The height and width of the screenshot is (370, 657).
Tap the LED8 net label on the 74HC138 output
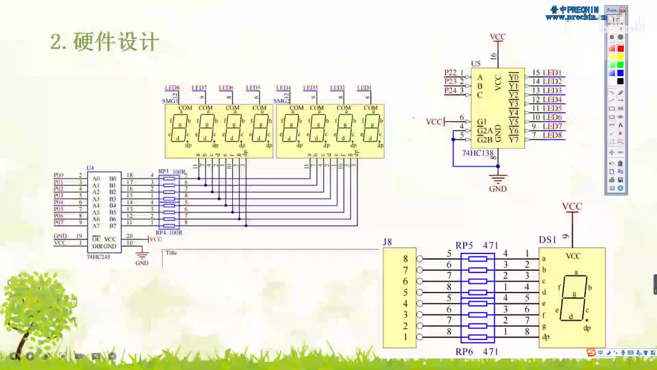point(552,135)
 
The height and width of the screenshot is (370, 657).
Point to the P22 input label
point(450,73)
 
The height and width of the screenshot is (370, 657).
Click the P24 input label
point(450,90)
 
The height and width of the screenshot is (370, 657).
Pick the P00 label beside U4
point(59,175)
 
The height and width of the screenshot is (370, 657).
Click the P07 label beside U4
point(59,223)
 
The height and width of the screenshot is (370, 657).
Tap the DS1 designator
point(547,240)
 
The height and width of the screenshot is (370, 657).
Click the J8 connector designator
point(388,242)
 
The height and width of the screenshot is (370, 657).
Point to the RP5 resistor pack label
point(464,246)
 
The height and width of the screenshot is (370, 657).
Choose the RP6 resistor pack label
point(464,351)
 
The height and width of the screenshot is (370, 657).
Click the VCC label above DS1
point(572,207)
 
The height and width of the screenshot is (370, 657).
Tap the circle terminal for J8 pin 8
point(420,259)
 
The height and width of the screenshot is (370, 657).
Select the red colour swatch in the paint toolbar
point(620,48)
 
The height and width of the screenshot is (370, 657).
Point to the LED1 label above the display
point(364,88)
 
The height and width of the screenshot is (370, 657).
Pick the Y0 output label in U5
point(513,77)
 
